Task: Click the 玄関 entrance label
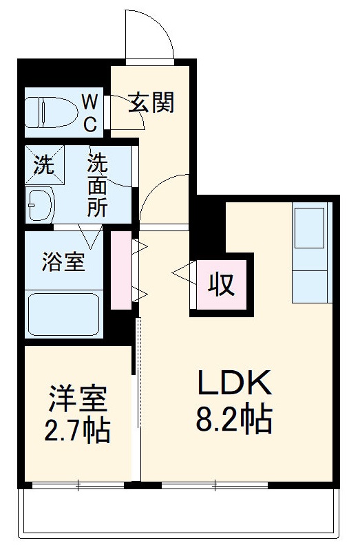point(151,103)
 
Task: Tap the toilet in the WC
point(48,111)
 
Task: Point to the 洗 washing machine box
point(43,165)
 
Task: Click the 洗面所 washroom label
point(97,185)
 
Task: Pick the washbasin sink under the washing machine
point(42,204)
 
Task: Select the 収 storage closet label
point(222,283)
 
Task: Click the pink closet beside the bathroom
point(121,270)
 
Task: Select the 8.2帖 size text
point(234,419)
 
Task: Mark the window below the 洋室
point(78,486)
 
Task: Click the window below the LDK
point(214,486)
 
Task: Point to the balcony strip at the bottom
point(179,513)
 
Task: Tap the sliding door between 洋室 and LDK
point(138,399)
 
